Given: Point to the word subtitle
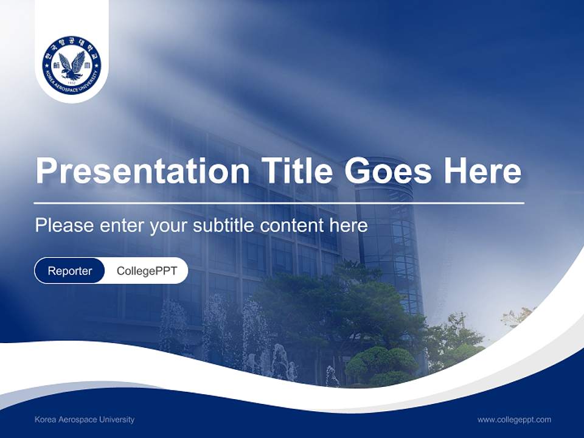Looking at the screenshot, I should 224,226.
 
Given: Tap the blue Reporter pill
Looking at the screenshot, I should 70,271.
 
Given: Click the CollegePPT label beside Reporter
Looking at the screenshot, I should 147,271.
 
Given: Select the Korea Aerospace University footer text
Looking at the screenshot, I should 85,420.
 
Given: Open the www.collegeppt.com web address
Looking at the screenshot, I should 514,420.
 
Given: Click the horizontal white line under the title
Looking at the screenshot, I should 279,203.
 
